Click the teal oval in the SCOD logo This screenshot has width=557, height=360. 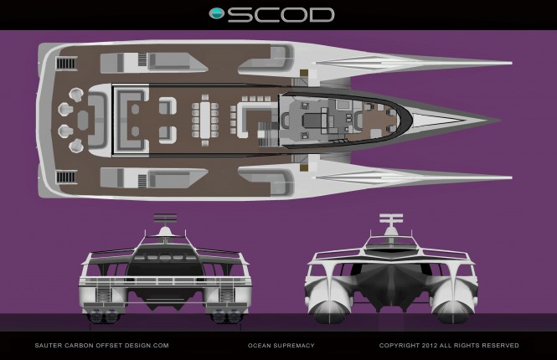click(x=217, y=13)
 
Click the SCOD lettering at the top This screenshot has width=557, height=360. click(x=281, y=14)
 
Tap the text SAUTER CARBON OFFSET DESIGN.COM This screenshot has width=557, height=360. click(x=101, y=345)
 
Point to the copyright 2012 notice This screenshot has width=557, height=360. click(x=448, y=345)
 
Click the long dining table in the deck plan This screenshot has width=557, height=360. click(x=205, y=120)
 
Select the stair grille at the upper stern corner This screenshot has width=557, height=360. click(x=66, y=64)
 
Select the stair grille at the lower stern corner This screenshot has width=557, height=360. click(x=66, y=177)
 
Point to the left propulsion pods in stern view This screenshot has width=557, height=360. click(x=105, y=316)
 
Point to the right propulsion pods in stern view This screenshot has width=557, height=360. click(x=224, y=316)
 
